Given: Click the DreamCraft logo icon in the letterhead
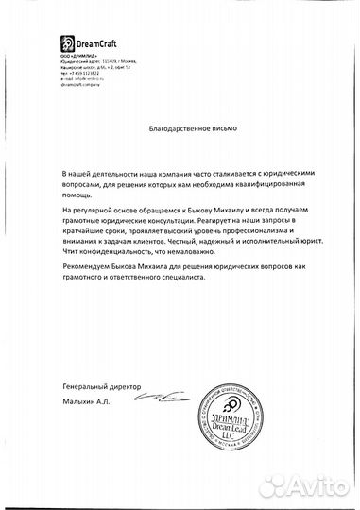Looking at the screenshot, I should (66, 43).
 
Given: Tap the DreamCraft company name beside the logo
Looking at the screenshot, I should (94, 43).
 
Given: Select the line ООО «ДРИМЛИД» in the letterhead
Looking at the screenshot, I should (78, 55).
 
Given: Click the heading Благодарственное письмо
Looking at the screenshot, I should (180, 127).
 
